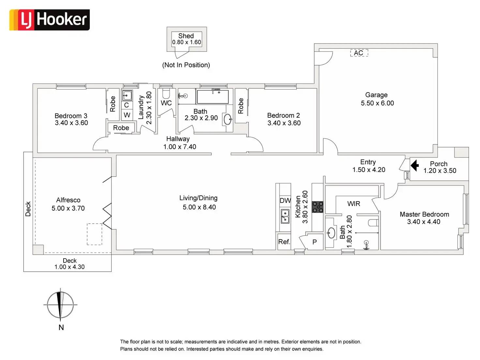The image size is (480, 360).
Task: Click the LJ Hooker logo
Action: [x=50, y=20]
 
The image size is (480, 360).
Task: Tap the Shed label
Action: [x=186, y=36]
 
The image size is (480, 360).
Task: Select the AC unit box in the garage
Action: [x=359, y=53]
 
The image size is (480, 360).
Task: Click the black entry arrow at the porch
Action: [x=414, y=165]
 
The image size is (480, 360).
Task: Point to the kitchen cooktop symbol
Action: [x=318, y=207]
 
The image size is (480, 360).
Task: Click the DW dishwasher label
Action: [x=285, y=201]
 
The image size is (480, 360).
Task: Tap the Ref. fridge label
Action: [x=284, y=242]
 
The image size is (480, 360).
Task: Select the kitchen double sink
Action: [x=285, y=216]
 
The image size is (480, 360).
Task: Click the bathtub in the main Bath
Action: [x=212, y=97]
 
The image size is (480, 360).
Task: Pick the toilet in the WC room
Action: [x=166, y=94]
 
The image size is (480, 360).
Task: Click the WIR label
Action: [x=354, y=204]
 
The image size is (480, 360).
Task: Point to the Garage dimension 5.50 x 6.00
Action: [x=377, y=103]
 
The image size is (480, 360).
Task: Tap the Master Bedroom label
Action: [x=424, y=214]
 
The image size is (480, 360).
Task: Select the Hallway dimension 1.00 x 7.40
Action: [x=180, y=147]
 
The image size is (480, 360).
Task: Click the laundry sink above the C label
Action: [x=127, y=96]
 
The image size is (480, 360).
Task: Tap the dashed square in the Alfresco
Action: [x=94, y=234]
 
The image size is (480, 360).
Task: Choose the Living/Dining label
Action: [x=198, y=198]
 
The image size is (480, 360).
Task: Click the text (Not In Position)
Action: [x=186, y=65]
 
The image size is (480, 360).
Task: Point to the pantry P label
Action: [x=314, y=242]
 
